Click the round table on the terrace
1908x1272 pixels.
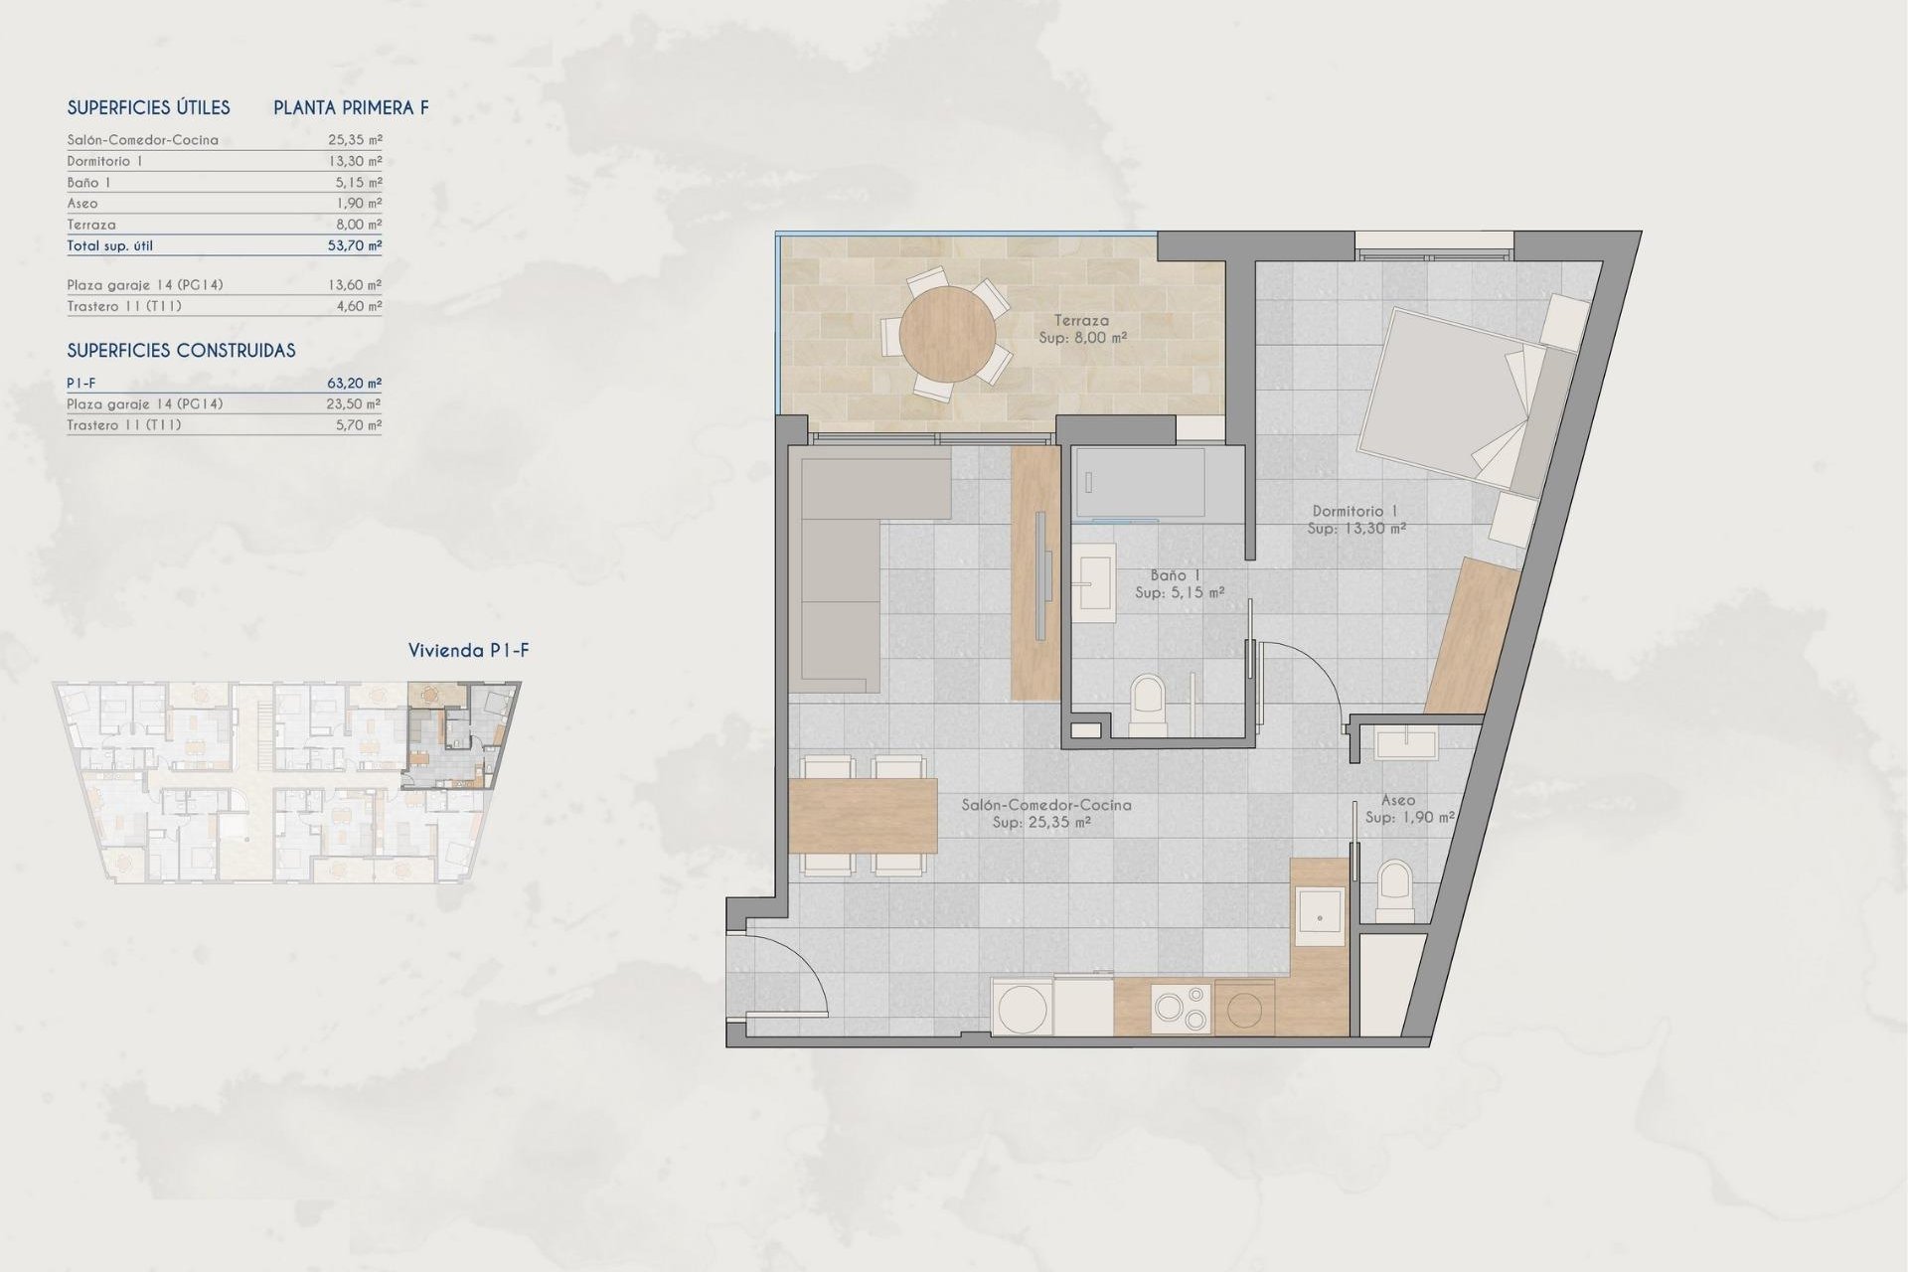click(947, 334)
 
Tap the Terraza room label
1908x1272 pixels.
click(1081, 321)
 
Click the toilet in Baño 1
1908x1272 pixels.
click(1148, 704)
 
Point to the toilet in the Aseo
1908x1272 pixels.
click(1395, 889)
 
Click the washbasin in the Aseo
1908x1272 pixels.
click(1406, 743)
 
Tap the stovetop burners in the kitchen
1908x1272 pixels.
click(1181, 1008)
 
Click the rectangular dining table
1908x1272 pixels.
click(863, 816)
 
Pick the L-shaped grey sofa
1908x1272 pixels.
click(840, 566)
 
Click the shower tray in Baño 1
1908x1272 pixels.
click(1140, 482)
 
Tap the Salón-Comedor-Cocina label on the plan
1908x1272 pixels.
click(1045, 805)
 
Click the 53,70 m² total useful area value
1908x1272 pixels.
click(355, 245)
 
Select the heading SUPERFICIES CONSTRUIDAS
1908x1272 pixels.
click(181, 351)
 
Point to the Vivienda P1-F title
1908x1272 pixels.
click(468, 651)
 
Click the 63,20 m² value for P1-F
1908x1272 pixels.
click(355, 383)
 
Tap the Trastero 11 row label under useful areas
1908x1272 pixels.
click(124, 306)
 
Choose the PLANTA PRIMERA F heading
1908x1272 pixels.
click(351, 107)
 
